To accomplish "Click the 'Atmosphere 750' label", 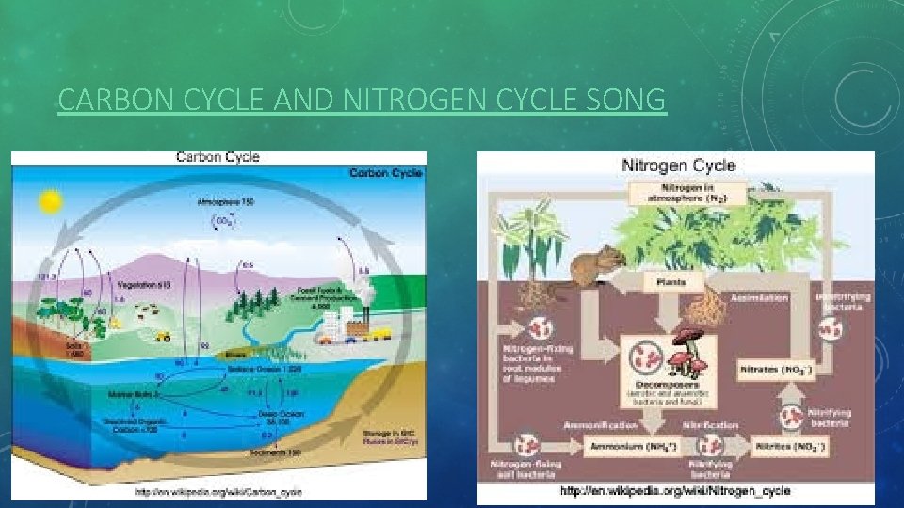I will [225, 201].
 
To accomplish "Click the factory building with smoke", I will [355, 325].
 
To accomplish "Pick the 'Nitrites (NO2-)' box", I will [791, 446].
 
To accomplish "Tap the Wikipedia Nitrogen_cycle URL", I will [676, 491].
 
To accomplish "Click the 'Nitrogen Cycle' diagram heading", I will [679, 166].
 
